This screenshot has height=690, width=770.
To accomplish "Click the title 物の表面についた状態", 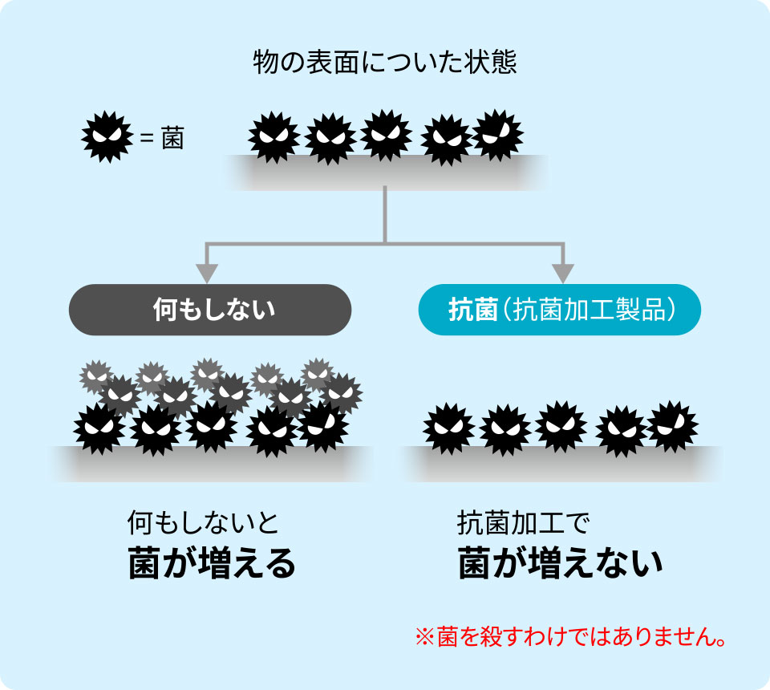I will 384,62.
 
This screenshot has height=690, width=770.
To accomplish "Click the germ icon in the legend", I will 107,136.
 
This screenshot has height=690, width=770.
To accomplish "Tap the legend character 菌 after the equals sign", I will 172,138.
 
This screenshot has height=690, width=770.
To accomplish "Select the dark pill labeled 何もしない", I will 210,310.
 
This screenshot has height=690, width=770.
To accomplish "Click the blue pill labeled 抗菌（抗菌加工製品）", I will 560,310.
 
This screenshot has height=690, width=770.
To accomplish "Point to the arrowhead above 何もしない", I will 207,273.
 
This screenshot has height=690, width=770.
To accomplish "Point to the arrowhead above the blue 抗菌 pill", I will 563,273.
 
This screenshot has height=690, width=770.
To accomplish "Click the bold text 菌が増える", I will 212,564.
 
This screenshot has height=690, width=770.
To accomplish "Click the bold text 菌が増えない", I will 561,564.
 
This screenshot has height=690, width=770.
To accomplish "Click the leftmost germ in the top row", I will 274,137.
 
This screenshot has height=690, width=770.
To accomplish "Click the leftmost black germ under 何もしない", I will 99,428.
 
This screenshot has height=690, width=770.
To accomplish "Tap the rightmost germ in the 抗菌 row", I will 672,425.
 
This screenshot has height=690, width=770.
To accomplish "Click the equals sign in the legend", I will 146,138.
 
